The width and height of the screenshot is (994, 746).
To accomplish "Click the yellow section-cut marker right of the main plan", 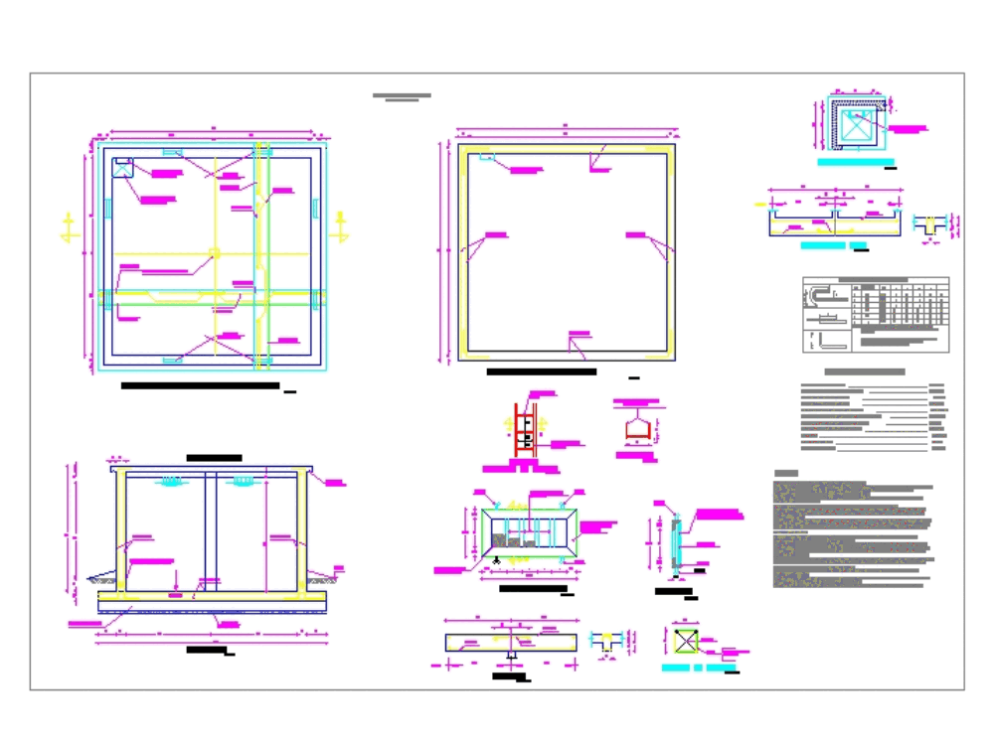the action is pos(341,226).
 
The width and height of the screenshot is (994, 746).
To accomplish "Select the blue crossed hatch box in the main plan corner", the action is pos(123,167).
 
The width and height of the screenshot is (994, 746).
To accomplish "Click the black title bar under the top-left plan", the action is pos(199,385).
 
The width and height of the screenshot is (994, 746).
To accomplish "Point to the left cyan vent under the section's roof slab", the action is pos(171,484).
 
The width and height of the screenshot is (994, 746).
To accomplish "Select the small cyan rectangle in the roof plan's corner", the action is pos(486,156).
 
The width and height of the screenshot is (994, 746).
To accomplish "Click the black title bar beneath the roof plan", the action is pos(541,373).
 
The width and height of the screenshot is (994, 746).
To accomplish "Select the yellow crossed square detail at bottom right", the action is pos(686,641).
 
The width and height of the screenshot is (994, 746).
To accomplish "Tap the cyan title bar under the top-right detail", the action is pos(855,162).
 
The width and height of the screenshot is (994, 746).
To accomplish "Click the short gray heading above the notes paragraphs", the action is pos(786,474).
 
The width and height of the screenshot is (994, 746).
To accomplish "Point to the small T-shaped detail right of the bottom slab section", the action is pos(605,643).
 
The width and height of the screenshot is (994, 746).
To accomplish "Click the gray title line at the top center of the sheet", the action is pos(402,96).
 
